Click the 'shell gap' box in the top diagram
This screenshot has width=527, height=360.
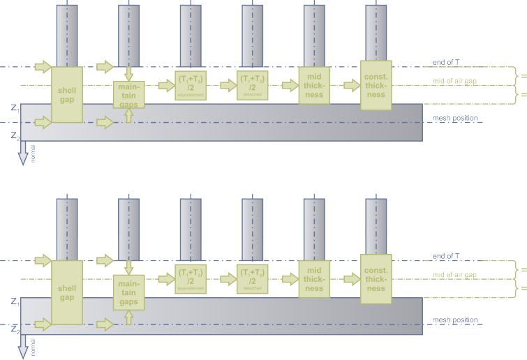coord(67,94)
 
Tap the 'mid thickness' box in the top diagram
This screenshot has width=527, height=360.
coord(314,84)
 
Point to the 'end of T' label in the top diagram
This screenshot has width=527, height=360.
coord(447,62)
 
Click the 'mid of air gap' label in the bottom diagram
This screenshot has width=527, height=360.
coord(455,275)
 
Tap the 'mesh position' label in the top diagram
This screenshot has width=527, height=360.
coord(455,118)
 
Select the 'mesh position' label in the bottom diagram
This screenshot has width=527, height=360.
coord(455,320)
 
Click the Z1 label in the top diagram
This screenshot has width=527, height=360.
coord(15,108)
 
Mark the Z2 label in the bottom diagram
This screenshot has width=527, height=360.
coord(15,331)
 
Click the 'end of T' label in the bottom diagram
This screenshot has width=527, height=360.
coord(447,256)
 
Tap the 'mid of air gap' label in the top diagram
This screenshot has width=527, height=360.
coord(455,81)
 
